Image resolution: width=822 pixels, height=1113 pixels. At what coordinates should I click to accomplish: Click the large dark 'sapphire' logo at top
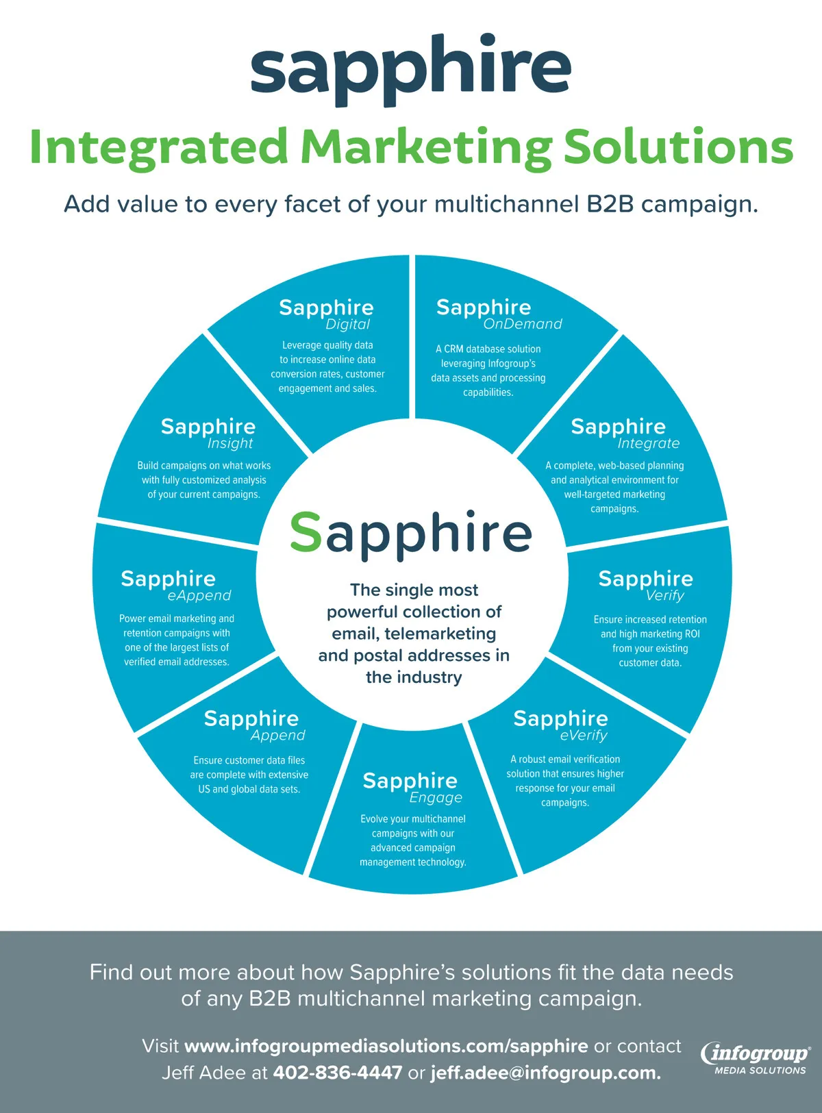pos(410,68)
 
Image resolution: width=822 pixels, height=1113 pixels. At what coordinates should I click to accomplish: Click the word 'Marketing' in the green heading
pos(425,147)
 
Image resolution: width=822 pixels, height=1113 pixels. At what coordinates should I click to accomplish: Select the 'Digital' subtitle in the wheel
pos(347,325)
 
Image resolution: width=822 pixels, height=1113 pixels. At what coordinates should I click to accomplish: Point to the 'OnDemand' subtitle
pos(523,324)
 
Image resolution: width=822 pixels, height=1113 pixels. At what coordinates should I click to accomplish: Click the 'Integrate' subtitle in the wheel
pos(648,443)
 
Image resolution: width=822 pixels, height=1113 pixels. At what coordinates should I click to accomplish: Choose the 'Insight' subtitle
pos(230,443)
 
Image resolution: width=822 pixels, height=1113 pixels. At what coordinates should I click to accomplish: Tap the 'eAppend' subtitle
pos(199,595)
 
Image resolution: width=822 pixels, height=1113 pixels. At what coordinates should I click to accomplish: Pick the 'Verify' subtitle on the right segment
pos(664,595)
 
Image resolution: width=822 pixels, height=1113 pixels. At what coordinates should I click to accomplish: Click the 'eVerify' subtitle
pos(584,735)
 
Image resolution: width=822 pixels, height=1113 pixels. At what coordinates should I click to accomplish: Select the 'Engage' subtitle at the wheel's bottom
pos(436,797)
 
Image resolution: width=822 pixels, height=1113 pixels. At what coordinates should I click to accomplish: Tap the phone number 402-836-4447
pos(337,1073)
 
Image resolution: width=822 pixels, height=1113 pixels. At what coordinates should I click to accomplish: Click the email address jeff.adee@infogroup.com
pos(545,1073)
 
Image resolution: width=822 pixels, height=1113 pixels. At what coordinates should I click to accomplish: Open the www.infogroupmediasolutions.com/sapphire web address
pos(386,1046)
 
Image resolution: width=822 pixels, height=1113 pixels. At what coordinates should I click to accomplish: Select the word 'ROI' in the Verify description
pos(692,634)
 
